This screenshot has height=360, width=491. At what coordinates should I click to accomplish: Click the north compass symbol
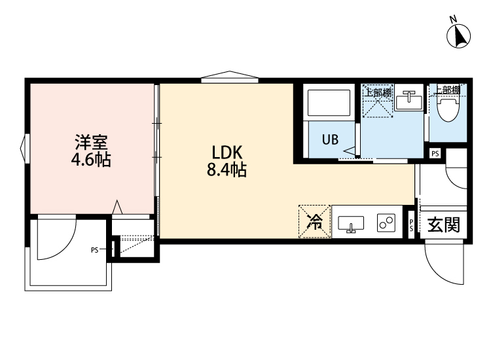click(460, 35)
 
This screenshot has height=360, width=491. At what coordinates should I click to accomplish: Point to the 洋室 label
click(90, 141)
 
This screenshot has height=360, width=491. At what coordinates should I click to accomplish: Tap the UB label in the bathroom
click(329, 139)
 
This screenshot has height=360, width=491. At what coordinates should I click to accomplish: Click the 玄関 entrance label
click(443, 225)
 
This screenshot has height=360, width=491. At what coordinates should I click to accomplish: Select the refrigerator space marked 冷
click(315, 222)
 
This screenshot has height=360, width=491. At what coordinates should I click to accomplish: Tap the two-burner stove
click(386, 223)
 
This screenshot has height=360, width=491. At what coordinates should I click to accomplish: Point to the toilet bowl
click(450, 109)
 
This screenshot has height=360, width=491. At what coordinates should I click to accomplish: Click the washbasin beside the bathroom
click(411, 100)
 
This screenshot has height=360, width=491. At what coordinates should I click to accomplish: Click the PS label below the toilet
click(435, 154)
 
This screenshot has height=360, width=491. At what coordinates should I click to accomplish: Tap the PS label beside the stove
click(411, 225)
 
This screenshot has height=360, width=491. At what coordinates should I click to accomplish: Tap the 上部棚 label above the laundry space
click(378, 92)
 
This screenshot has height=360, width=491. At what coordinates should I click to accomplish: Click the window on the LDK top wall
click(229, 78)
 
